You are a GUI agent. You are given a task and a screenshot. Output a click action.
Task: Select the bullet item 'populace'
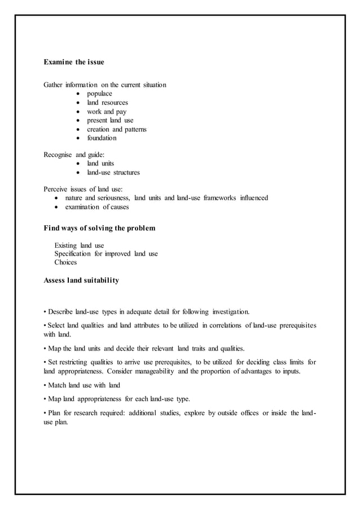(x=99, y=94)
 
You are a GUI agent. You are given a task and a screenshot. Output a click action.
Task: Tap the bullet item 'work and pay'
(x=106, y=112)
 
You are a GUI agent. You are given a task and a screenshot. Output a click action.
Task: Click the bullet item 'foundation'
(x=102, y=138)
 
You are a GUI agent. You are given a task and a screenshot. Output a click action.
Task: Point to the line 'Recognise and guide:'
(x=74, y=154)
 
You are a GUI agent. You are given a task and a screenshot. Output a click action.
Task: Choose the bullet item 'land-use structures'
(x=113, y=172)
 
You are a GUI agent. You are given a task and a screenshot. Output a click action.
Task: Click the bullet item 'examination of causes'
(x=97, y=207)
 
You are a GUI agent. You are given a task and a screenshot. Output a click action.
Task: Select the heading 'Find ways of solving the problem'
(x=99, y=229)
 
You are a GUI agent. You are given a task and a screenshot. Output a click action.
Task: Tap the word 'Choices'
(x=65, y=262)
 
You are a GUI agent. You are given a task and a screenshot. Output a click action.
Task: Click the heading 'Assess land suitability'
(x=81, y=280)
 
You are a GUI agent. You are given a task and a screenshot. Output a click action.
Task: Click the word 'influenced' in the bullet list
(x=252, y=198)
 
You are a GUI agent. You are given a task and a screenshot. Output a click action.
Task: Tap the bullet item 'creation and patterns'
(x=116, y=129)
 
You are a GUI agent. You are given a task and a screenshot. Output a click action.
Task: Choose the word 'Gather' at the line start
(x=53, y=85)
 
